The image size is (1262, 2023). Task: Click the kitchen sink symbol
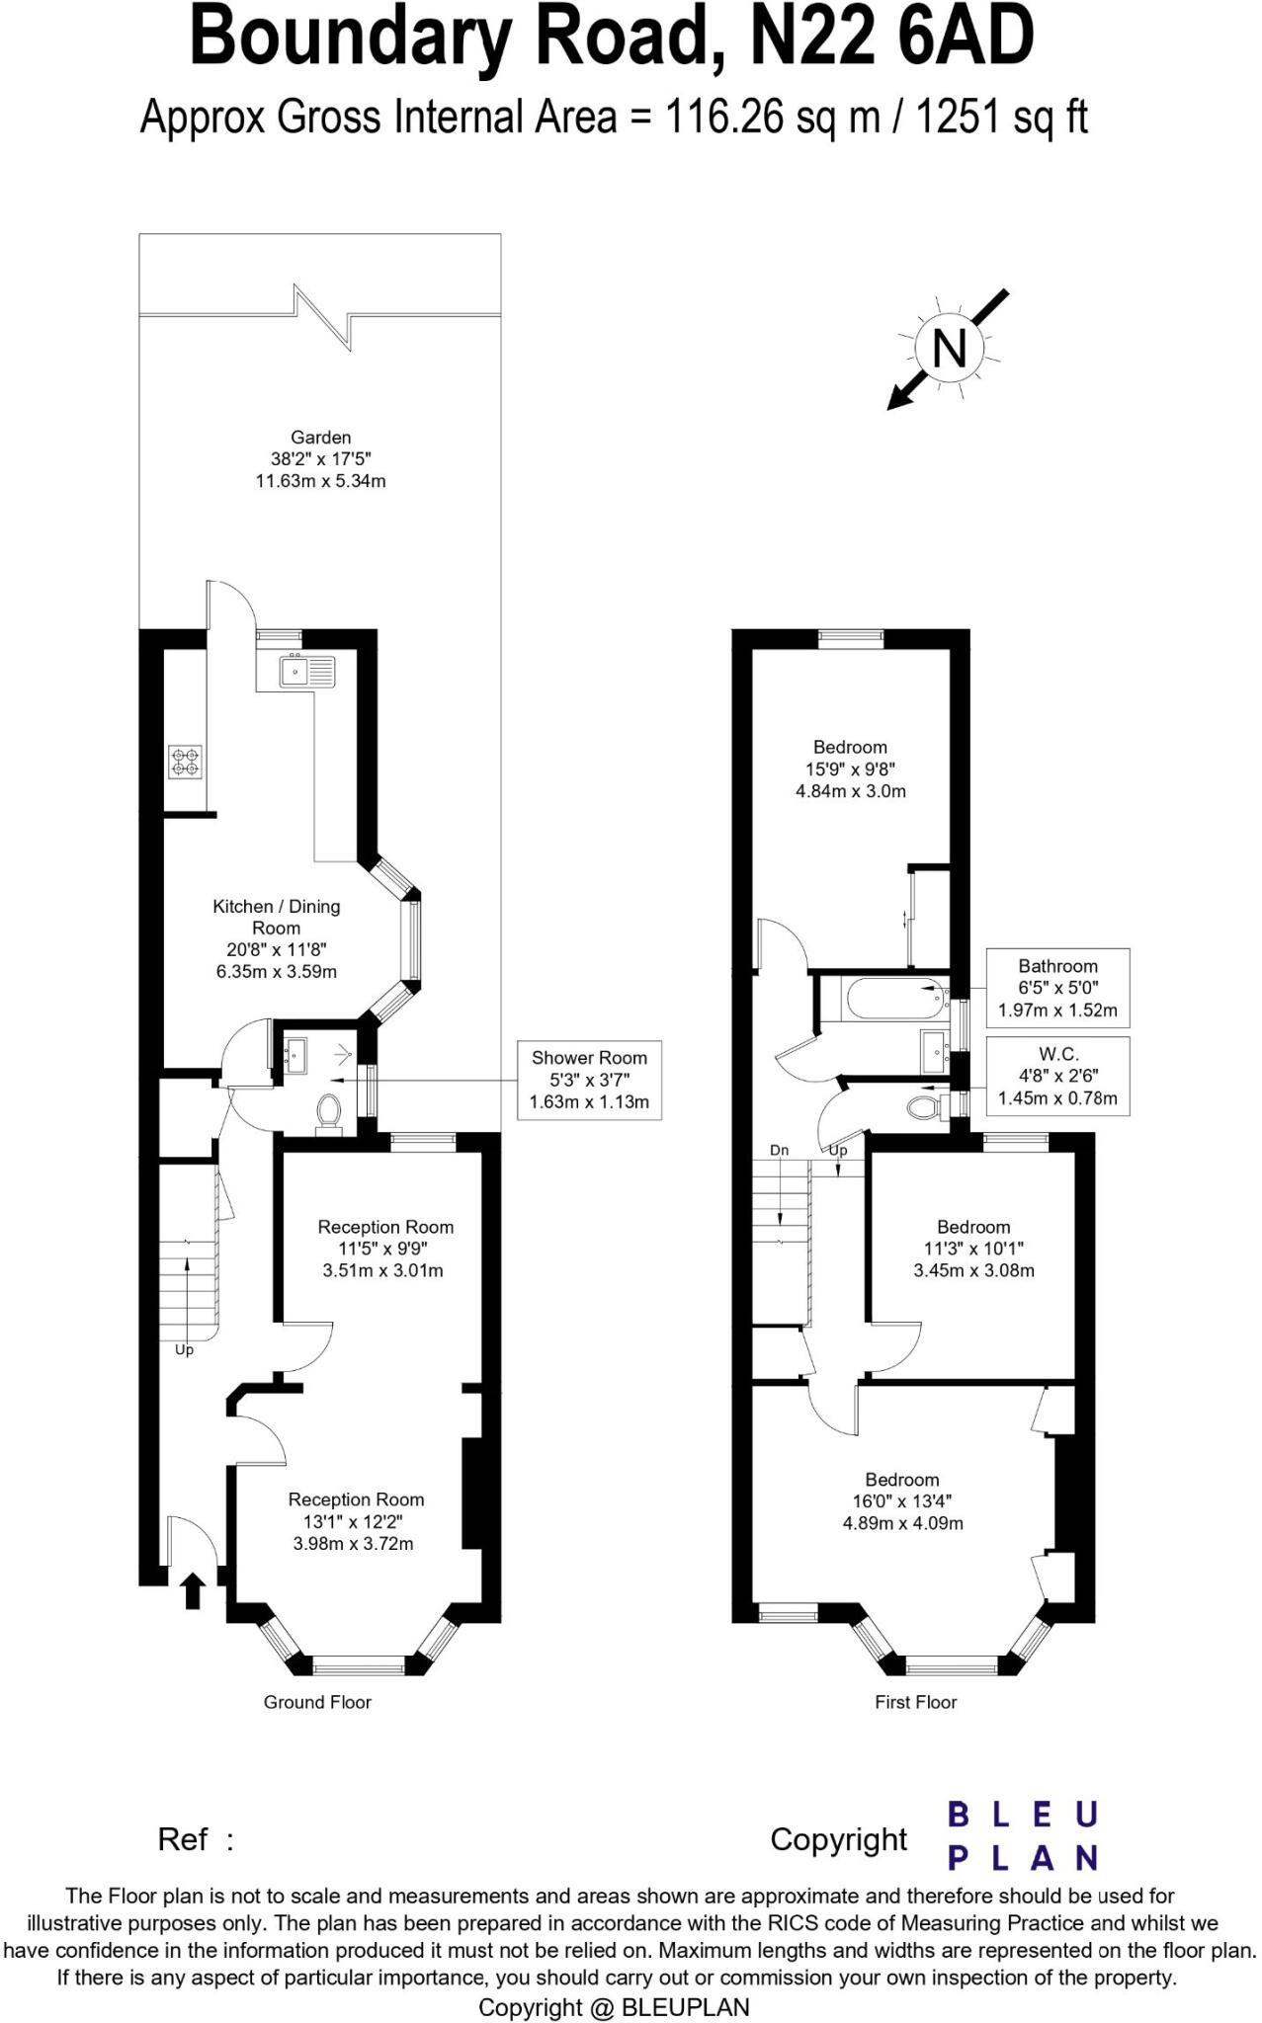306,672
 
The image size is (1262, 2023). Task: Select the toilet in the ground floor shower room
328,1113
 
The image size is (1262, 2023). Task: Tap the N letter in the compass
950,349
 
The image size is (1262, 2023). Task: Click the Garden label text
320,438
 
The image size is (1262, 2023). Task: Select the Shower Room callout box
589,1080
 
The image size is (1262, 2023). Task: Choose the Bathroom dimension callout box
1057,988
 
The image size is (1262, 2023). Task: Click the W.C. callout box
1057,1076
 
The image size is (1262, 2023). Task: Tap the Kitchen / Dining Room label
277,917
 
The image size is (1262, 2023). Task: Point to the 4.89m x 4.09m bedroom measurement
902,1523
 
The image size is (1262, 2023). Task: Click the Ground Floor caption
317,1702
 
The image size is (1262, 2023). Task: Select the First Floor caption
915,1702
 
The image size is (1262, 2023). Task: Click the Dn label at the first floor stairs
779,1151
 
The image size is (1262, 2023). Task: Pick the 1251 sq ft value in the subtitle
1002,118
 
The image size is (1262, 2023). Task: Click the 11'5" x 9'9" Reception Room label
385,1249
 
